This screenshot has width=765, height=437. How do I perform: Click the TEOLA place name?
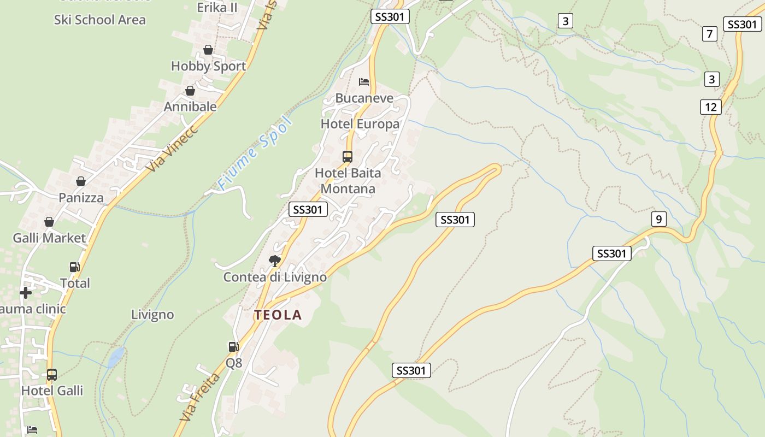[278, 315]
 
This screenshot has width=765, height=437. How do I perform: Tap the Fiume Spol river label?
[255, 153]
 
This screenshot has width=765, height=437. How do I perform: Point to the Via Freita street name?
[201, 397]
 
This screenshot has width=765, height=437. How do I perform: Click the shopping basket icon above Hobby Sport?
[208, 50]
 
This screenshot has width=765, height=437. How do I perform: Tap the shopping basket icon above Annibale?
[190, 91]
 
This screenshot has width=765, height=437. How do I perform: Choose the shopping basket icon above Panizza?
[81, 181]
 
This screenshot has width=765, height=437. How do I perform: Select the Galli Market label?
[50, 238]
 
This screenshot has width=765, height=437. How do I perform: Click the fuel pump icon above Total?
[75, 267]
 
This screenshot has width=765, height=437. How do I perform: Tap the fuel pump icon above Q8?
[233, 346]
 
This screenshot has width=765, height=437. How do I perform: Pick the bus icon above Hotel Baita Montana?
[348, 157]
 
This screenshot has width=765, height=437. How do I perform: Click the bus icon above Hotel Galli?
[52, 375]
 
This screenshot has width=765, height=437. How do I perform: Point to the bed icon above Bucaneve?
[364, 82]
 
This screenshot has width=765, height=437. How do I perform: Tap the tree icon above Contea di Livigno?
[275, 261]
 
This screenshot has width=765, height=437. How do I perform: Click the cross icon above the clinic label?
[26, 293]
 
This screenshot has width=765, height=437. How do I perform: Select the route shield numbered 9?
[659, 220]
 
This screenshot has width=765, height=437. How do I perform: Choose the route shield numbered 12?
[710, 107]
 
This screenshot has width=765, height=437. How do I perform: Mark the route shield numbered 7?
[709, 34]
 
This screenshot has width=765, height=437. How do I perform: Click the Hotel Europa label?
[360, 124]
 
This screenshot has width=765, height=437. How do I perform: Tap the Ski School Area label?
[100, 20]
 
